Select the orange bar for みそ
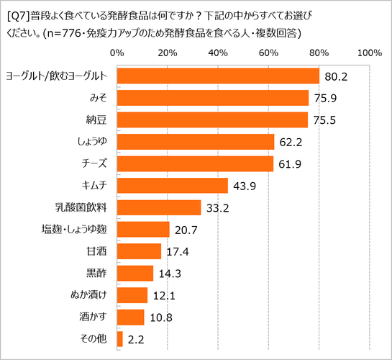pyautogui.click(x=212, y=98)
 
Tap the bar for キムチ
pyautogui.click(x=172, y=186)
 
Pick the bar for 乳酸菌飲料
pyautogui.click(x=158, y=207)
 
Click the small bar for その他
pyautogui.click(x=119, y=339)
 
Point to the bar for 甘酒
pyautogui.click(x=138, y=251)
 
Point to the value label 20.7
pyautogui.click(x=185, y=230)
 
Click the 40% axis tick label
pyautogui.click(x=218, y=53)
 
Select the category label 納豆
pyautogui.click(x=97, y=120)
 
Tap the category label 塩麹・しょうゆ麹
pyautogui.click(x=75, y=230)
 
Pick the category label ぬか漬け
pyautogui.click(x=91, y=296)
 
